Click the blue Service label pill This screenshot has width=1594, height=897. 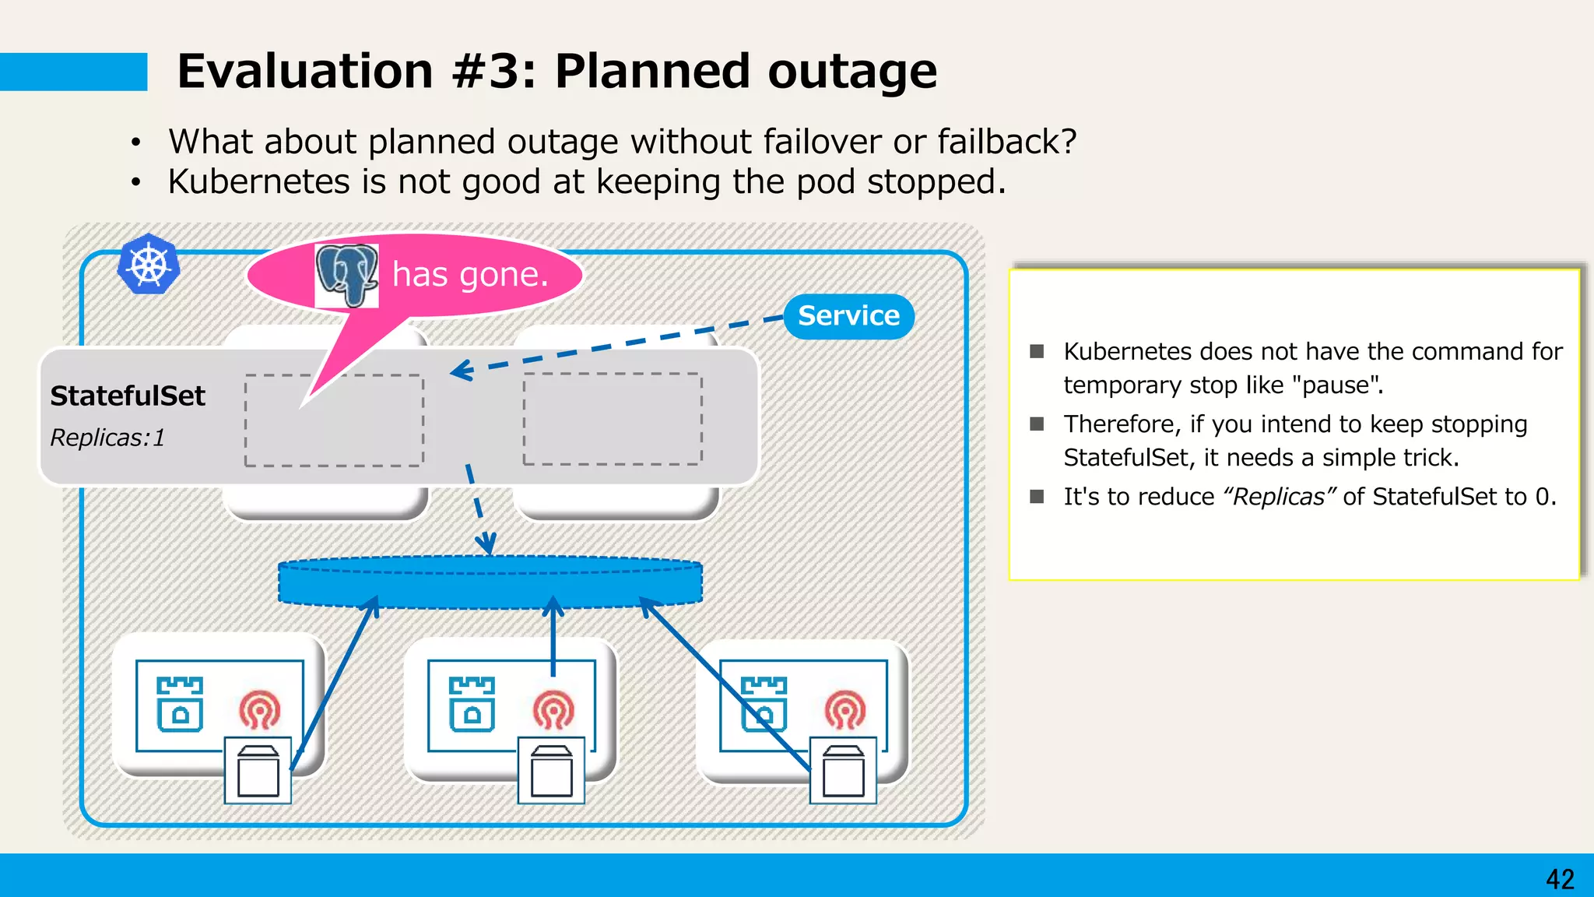pyautogui.click(x=848, y=316)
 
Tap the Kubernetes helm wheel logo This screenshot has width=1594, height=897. pyautogui.click(x=149, y=264)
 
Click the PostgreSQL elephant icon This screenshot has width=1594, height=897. pyautogui.click(x=346, y=275)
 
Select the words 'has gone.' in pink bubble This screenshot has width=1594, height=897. pyautogui.click(x=470, y=274)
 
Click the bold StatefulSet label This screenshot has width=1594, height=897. pyautogui.click(x=128, y=396)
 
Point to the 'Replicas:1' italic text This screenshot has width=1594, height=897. pyautogui.click(x=107, y=438)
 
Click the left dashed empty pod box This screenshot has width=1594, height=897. pyautogui.click(x=334, y=421)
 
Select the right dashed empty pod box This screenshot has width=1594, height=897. pyautogui.click(x=613, y=419)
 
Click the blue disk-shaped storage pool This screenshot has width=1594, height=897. pyautogui.click(x=490, y=582)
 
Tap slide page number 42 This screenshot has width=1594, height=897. pyautogui.click(x=1560, y=879)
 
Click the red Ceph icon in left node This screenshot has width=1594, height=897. pyautogui.click(x=260, y=709)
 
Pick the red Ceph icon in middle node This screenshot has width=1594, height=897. pyautogui.click(x=553, y=709)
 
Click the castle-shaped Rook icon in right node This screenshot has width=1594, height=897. pyautogui.click(x=764, y=704)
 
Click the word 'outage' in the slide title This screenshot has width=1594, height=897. pyautogui.click(x=852, y=72)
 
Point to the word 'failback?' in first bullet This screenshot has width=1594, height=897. pyautogui.click(x=1006, y=142)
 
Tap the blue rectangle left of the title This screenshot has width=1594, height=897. pyautogui.click(x=73, y=72)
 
